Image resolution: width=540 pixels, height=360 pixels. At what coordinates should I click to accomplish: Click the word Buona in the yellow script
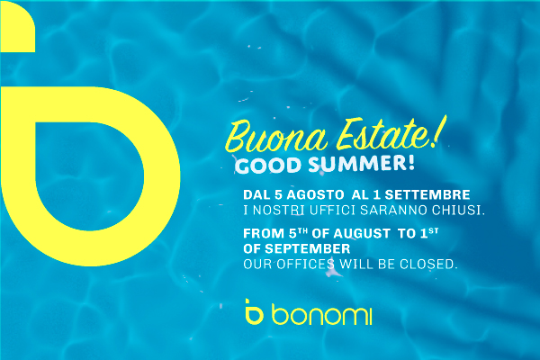276,137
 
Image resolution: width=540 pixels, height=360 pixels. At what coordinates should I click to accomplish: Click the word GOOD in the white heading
268,166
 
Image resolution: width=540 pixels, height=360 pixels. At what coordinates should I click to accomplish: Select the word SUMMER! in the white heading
362,164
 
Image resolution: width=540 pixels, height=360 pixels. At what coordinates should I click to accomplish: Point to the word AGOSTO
315,195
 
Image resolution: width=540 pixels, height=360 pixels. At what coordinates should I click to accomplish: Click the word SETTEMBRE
427,195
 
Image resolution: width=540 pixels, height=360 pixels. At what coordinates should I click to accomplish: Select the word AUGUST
362,234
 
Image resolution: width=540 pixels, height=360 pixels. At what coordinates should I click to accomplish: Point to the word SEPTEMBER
307,248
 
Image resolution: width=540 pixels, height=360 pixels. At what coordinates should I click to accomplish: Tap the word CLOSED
428,265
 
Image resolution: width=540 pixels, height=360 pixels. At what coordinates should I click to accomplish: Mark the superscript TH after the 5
302,230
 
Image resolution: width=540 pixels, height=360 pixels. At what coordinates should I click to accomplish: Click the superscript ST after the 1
434,230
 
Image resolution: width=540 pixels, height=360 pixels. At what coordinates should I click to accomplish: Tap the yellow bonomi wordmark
321,314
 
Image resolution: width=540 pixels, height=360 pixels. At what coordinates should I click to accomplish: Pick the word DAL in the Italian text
256,195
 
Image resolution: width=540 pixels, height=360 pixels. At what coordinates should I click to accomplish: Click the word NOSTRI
279,210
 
